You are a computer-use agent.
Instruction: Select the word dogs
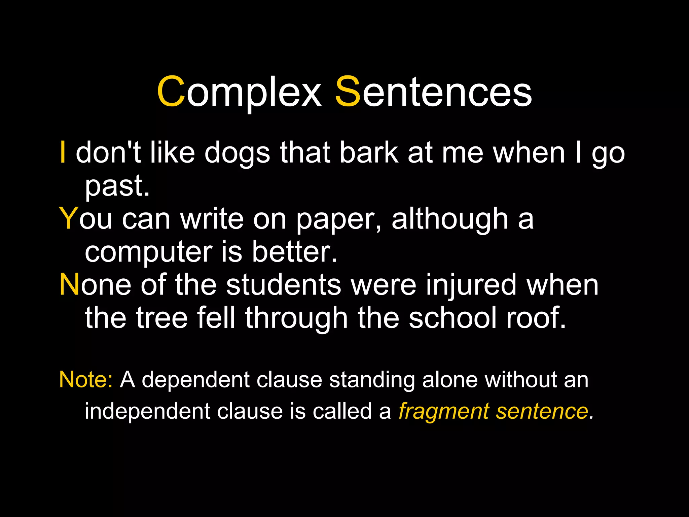(x=237, y=153)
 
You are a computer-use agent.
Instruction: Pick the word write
(x=212, y=219)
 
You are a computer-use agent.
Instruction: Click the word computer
(x=148, y=252)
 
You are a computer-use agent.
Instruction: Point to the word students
(x=284, y=284)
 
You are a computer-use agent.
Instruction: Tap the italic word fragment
(x=443, y=411)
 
